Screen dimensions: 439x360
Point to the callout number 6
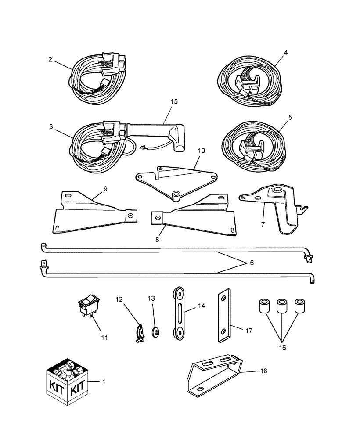click(x=251, y=263)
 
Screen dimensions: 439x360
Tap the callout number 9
click(x=105, y=188)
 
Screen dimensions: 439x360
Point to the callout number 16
click(x=282, y=347)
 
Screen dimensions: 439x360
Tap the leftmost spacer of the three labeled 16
click(x=264, y=306)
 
